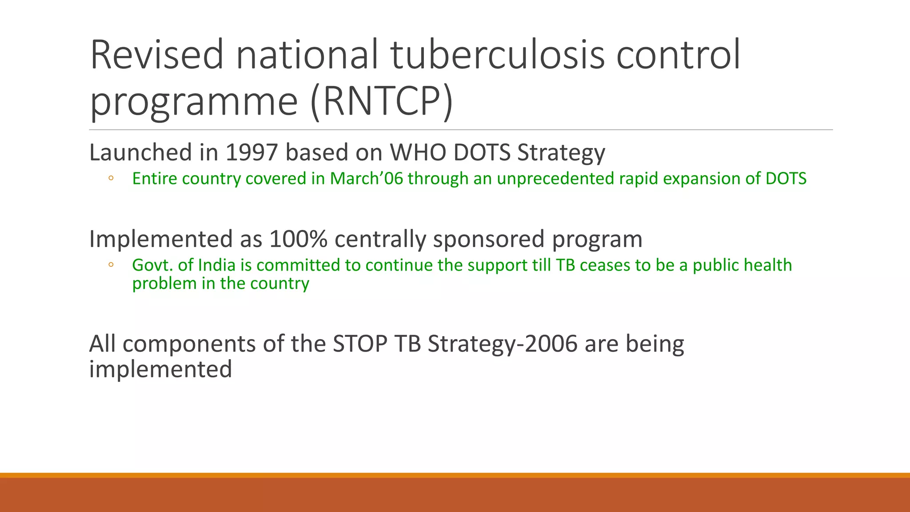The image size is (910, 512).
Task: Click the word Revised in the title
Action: [156, 55]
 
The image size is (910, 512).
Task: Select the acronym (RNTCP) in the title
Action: [382, 101]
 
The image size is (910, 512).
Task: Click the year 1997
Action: [251, 152]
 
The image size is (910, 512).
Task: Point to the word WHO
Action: [418, 152]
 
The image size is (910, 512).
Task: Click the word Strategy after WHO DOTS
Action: [561, 152]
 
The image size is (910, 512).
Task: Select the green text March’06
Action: [366, 179]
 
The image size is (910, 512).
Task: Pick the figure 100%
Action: [298, 239]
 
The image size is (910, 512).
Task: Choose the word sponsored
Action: [488, 239]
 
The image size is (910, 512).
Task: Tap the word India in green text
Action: [216, 265]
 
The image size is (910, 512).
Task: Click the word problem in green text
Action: [164, 284]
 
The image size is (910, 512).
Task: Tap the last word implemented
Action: [160, 369]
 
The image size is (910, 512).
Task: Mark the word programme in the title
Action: [194, 101]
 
